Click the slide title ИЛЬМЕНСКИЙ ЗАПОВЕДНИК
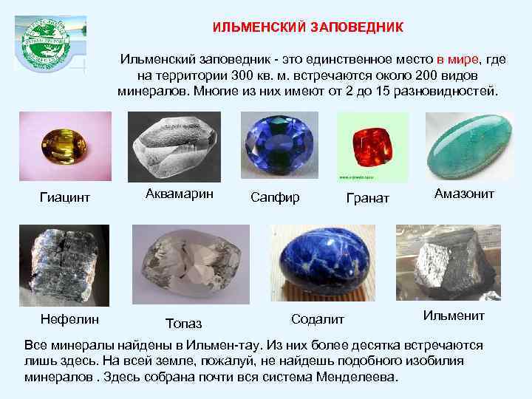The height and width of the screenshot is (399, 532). [308, 27]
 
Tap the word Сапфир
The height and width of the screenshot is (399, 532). [275, 197]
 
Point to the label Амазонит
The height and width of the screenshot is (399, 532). [464, 193]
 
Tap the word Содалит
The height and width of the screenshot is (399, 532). [318, 318]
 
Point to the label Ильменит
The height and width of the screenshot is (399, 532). [454, 316]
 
